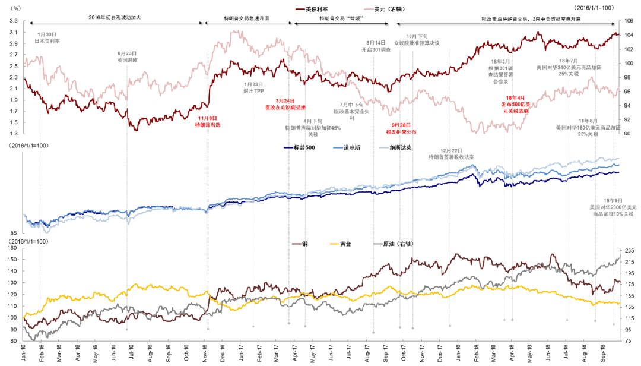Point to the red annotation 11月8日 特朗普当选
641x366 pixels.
208,122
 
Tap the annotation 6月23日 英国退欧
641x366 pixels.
127,57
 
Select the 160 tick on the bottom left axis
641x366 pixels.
12,248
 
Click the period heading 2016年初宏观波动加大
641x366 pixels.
113,19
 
